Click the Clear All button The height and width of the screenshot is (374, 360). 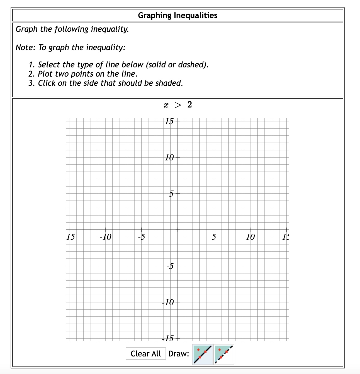click(x=145, y=354)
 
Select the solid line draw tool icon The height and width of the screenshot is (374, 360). click(x=203, y=354)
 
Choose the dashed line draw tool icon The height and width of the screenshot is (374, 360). click(x=224, y=354)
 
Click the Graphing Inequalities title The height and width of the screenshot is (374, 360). click(x=177, y=15)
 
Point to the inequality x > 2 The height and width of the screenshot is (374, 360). click(x=178, y=105)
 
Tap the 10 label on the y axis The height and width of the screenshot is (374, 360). click(x=169, y=158)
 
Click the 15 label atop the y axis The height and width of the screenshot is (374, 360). click(x=169, y=121)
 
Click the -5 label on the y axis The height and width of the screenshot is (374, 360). click(x=170, y=266)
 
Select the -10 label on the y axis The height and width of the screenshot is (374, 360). click(x=168, y=302)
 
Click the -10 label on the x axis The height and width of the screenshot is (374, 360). click(x=105, y=237)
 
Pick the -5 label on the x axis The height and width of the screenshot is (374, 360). click(x=142, y=237)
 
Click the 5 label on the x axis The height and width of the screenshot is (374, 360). click(x=214, y=237)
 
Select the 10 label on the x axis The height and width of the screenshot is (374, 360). click(x=250, y=237)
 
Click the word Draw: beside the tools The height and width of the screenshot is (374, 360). click(x=179, y=354)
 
